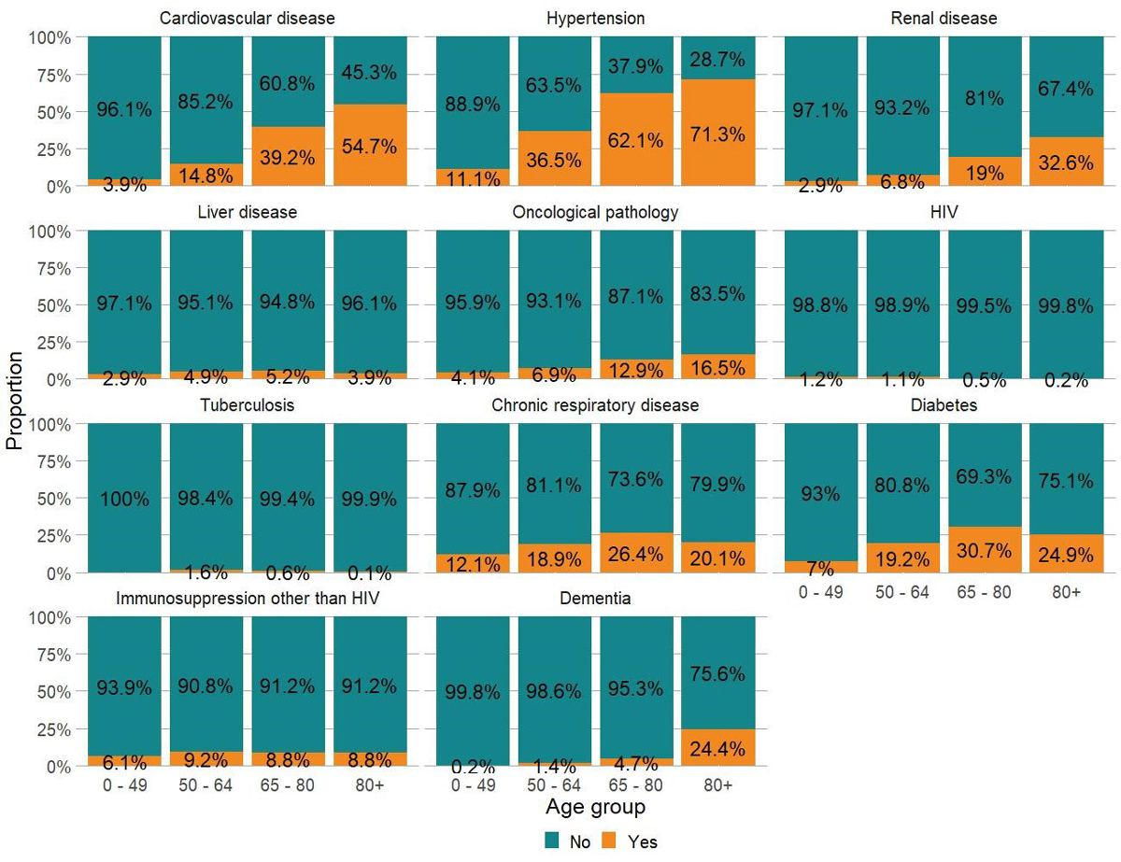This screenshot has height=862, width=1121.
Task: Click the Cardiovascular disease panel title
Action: (248, 19)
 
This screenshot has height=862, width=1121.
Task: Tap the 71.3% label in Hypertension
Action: (718, 134)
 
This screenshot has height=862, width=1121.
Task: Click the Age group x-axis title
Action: (595, 806)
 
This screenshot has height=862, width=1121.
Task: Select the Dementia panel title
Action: (595, 599)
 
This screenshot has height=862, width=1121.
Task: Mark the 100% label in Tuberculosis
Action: (124, 499)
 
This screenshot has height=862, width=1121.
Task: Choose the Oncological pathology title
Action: (595, 212)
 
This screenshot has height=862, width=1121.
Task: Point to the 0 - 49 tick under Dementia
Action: (473, 785)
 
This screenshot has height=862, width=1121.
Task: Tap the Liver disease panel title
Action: (248, 212)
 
